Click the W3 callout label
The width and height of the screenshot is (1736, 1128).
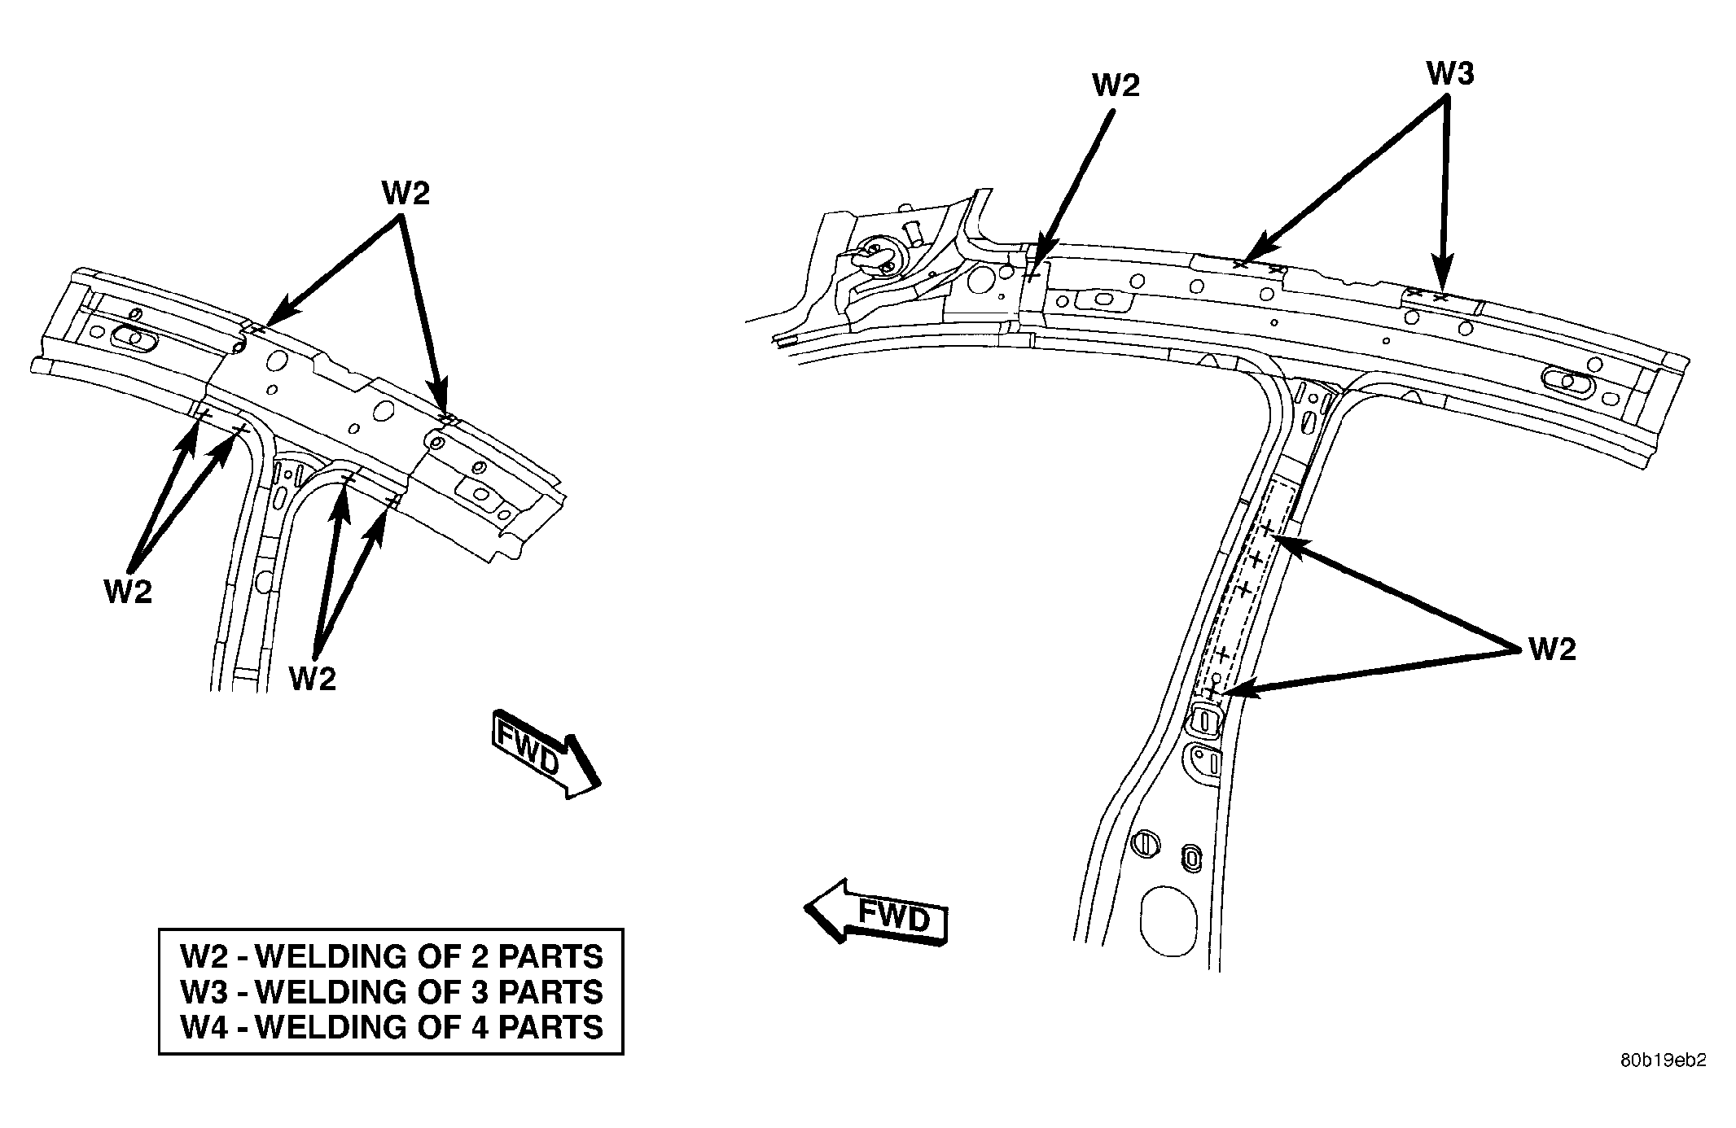(1449, 74)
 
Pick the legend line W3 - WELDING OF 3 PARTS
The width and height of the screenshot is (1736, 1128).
(392, 992)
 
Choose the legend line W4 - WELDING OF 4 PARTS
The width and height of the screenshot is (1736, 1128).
(392, 1027)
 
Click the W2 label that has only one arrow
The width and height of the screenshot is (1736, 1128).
(1116, 85)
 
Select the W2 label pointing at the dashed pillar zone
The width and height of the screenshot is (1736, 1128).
(1552, 649)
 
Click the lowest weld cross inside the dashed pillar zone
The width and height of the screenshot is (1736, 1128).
(1212, 691)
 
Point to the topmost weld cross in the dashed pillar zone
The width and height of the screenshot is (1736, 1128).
(1267, 530)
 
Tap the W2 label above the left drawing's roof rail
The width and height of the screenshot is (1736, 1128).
(406, 194)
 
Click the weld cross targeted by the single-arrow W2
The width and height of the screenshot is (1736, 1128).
(1031, 274)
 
